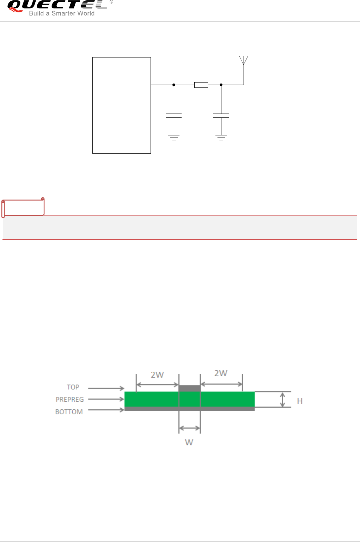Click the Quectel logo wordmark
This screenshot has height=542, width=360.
(57, 5)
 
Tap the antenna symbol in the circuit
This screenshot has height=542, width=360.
(243, 61)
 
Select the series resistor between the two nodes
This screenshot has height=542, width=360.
(201, 85)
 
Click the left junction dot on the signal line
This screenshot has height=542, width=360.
(174, 85)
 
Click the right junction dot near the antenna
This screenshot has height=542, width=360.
(221, 85)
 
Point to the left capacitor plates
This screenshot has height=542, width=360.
(174, 116)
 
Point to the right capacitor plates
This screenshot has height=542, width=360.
(221, 116)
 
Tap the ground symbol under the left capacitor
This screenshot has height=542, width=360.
(174, 138)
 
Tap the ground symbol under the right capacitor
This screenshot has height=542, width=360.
(221, 138)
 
